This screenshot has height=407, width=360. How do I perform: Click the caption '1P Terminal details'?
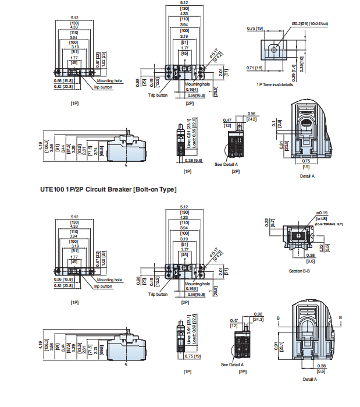[x=275, y=85]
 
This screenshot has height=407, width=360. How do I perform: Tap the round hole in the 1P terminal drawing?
[x=274, y=50]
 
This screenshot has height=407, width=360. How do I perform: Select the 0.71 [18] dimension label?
[x=255, y=68]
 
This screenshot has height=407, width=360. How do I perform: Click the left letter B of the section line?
[x=278, y=317]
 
